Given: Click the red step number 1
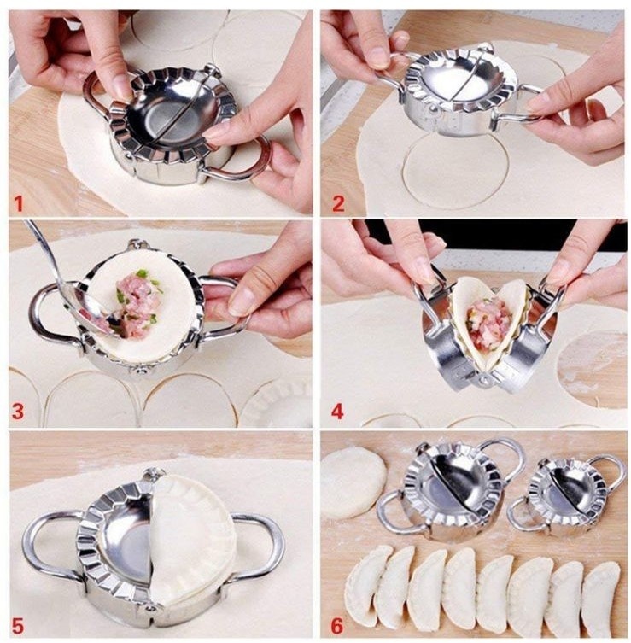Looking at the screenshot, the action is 19,203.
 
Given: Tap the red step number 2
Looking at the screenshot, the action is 338,203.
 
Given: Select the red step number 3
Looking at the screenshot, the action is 18,412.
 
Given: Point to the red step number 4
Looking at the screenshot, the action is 337,412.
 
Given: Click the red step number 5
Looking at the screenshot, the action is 18,626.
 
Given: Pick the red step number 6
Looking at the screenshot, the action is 337,626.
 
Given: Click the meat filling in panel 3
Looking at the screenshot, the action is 136,301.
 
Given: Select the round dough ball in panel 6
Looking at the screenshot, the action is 353,482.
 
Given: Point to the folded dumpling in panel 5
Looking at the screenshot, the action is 193,541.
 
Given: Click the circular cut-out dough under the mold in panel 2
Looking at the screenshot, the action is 456,172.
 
